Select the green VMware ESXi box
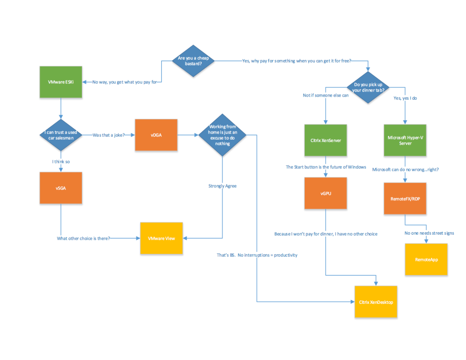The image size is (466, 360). tap(61, 82)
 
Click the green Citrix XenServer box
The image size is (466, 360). tap(325, 140)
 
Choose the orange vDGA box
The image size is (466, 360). tap(156, 135)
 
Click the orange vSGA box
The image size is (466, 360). tap(61, 187)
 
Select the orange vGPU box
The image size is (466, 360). tap(325, 193)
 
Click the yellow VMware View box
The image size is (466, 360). tap(161, 238)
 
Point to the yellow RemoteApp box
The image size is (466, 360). tap(426, 259)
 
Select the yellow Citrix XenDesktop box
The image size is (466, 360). tap(376, 302)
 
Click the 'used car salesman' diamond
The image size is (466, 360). tap(61, 135)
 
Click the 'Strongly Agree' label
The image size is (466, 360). tap(222, 186)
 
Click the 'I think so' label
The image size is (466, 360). tap(61, 161)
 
